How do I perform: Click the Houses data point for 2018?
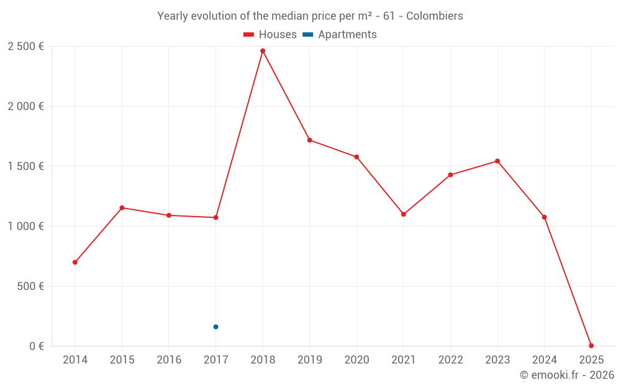[263, 51]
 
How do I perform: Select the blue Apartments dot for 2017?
[215, 327]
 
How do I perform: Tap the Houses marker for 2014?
[75, 262]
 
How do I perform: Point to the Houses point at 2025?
[591, 346]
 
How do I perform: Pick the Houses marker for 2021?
[404, 214]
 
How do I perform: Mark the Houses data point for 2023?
[497, 161]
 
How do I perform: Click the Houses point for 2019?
[309, 140]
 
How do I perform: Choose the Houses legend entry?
[270, 35]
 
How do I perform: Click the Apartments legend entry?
[340, 35]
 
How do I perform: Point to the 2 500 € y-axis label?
[25, 47]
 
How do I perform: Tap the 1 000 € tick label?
[25, 227]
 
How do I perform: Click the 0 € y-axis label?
[36, 346]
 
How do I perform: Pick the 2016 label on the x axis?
[169, 360]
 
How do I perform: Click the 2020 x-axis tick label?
[356, 360]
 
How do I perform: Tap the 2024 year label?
[544, 360]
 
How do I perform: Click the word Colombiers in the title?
[434, 16]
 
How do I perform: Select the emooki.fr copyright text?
[566, 375]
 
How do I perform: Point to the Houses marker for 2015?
[122, 207]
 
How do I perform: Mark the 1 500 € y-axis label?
[25, 166]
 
